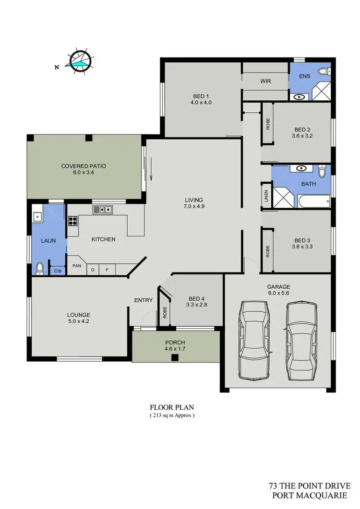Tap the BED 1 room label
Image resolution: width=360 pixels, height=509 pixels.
(201, 95)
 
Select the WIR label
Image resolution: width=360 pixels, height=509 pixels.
(265, 81)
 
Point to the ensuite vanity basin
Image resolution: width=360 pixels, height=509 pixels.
(300, 96)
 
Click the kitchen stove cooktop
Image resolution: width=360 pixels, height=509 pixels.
(73, 221)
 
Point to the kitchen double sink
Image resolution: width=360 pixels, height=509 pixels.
(103, 209)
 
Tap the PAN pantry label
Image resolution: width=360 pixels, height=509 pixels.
(76, 265)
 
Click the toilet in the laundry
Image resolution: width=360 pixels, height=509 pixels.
(40, 268)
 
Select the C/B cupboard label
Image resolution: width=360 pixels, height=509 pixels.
(58, 271)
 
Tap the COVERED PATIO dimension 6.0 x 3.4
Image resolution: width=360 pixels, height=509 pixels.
(84, 173)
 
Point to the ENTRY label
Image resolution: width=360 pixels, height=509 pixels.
(144, 300)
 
